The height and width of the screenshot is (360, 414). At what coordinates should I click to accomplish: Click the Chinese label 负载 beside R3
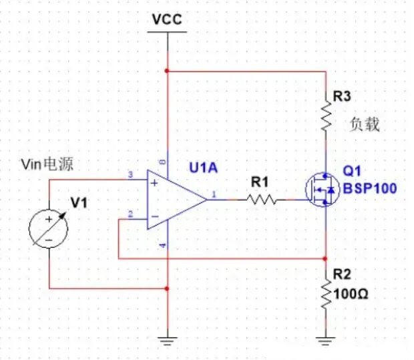point(365,124)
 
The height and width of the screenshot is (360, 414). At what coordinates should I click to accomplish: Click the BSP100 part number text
point(369,189)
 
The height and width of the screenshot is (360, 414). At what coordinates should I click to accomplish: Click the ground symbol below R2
point(326,342)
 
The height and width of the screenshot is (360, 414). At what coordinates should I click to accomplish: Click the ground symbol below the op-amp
point(167,342)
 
